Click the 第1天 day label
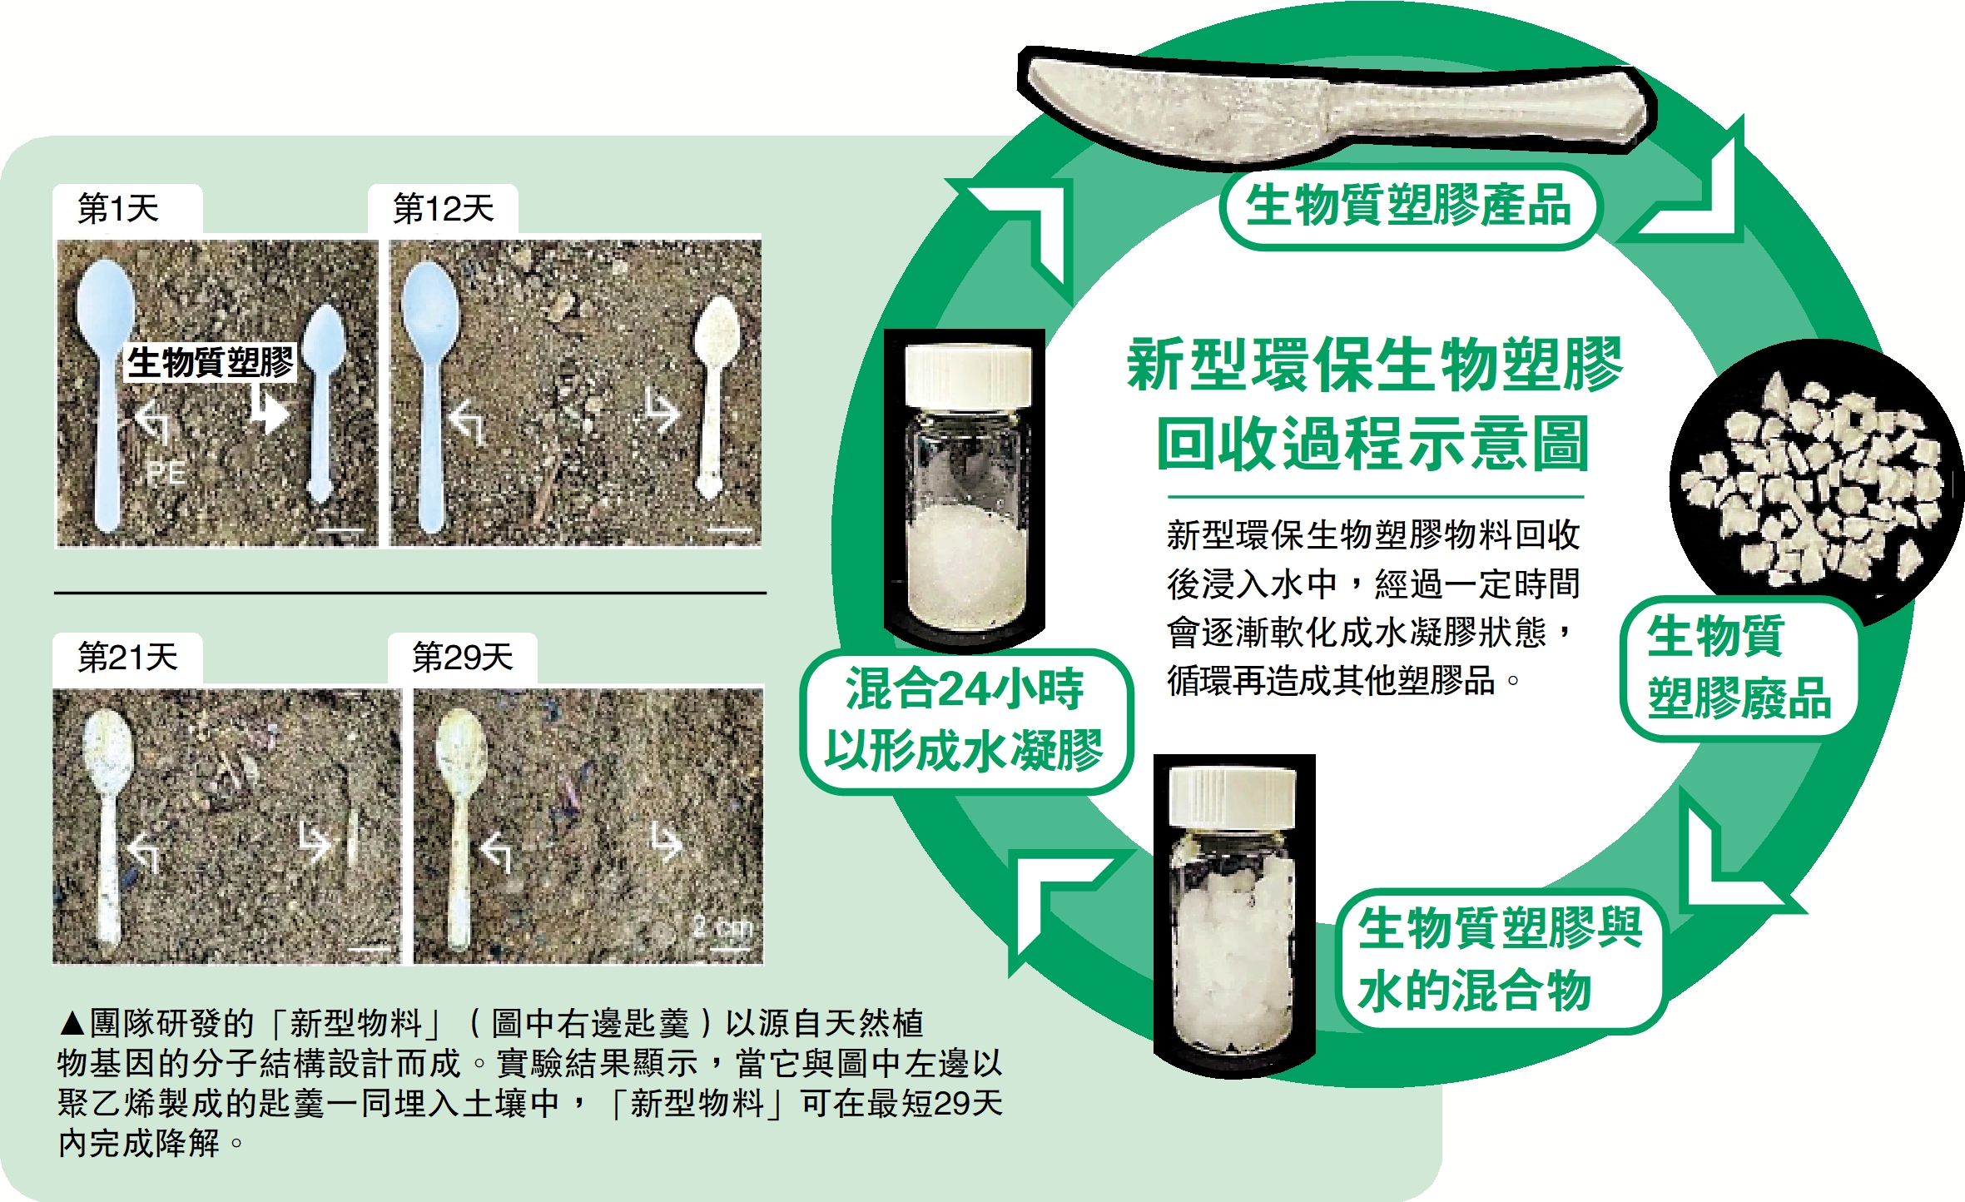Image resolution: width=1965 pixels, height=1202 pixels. (118, 208)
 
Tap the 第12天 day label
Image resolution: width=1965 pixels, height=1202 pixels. (443, 208)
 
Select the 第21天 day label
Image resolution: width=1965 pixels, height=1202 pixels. (127, 658)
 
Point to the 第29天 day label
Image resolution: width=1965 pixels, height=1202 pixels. (463, 658)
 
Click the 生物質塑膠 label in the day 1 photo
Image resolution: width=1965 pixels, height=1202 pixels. (211, 363)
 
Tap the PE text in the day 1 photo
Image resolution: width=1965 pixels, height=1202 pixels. (166, 473)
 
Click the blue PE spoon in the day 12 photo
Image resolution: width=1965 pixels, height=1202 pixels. (429, 395)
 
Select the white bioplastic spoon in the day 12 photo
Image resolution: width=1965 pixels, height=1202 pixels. (714, 395)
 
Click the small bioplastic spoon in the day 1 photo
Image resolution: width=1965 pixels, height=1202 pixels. (322, 402)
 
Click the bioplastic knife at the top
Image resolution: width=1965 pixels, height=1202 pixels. (1337, 107)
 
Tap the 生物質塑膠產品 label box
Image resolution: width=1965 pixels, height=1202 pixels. (1408, 206)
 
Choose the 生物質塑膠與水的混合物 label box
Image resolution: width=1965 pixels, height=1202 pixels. (1501, 961)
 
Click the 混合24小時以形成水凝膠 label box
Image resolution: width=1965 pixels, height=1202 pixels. (965, 721)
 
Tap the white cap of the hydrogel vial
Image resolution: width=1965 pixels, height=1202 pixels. (968, 377)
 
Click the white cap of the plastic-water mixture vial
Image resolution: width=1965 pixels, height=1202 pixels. (1233, 798)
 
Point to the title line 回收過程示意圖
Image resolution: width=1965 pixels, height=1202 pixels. (1373, 443)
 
